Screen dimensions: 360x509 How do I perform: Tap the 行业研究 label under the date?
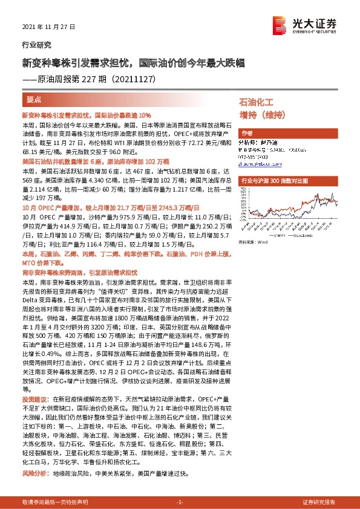point(36,45)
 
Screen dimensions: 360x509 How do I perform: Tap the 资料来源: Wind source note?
point(253,241)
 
